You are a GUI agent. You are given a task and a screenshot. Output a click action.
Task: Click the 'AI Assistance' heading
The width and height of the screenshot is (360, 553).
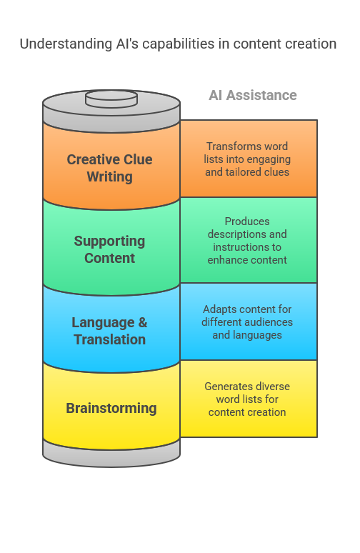(x=252, y=95)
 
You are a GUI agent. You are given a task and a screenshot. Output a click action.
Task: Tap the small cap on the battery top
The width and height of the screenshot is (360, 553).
(x=111, y=99)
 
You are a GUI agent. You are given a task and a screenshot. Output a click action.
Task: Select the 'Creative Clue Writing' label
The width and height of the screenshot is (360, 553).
(x=110, y=168)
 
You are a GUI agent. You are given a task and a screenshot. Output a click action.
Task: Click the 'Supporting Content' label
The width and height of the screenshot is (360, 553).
(x=110, y=249)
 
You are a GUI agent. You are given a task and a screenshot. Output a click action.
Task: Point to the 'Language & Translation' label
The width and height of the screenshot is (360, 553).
(x=110, y=331)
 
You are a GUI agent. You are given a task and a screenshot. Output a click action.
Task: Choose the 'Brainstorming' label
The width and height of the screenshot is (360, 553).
(x=111, y=408)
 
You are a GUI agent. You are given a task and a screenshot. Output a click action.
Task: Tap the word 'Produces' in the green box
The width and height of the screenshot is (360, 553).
(x=247, y=221)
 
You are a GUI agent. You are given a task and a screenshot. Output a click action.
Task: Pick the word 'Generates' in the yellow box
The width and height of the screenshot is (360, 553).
(x=225, y=387)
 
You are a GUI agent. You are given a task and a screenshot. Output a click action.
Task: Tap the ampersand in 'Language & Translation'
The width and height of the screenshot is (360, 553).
(x=142, y=322)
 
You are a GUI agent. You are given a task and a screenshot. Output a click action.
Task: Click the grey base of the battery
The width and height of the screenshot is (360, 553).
(x=111, y=455)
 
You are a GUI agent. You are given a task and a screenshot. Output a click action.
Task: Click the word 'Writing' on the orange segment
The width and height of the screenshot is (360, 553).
(x=110, y=176)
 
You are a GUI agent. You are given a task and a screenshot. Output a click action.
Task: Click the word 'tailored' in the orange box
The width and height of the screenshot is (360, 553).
(x=241, y=171)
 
